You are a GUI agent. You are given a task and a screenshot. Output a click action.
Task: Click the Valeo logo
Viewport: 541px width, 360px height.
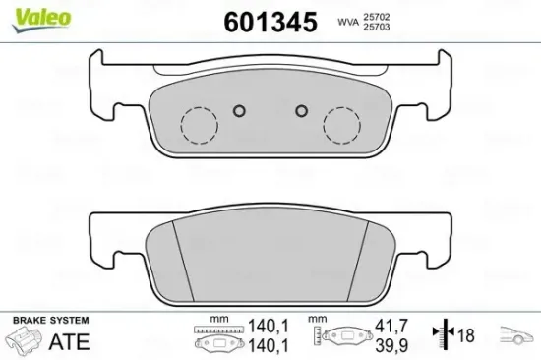pyautogui.click(x=41, y=20)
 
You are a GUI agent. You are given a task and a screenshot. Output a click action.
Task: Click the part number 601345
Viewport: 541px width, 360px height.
pyautogui.click(x=270, y=22)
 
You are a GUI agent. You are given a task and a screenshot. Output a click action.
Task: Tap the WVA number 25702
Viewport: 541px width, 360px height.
pyautogui.click(x=376, y=17)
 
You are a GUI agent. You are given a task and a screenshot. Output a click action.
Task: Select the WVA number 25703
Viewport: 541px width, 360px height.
pyautogui.click(x=376, y=27)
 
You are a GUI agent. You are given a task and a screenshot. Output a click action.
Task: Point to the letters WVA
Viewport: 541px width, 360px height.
pyautogui.click(x=348, y=23)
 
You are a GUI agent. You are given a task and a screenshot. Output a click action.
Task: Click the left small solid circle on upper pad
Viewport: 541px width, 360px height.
pyautogui.click(x=239, y=111)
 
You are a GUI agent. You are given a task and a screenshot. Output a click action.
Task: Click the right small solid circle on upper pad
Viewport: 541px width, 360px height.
pyautogui.click(x=302, y=111)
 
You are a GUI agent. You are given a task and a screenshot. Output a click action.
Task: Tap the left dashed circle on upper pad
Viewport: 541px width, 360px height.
pyautogui.click(x=199, y=125)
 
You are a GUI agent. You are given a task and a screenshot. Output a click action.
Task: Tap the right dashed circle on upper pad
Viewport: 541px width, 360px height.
pyautogui.click(x=341, y=125)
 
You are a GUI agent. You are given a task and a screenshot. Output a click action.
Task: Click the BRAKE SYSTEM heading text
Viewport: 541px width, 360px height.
pyautogui.click(x=51, y=320)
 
